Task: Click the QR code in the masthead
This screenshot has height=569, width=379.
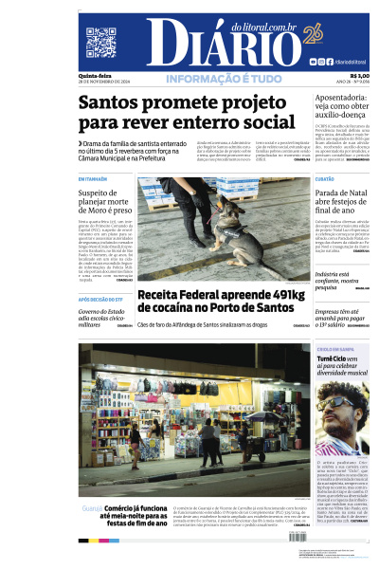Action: pyautogui.click(x=100, y=43)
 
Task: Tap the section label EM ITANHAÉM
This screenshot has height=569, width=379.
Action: pyautogui.click(x=94, y=178)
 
